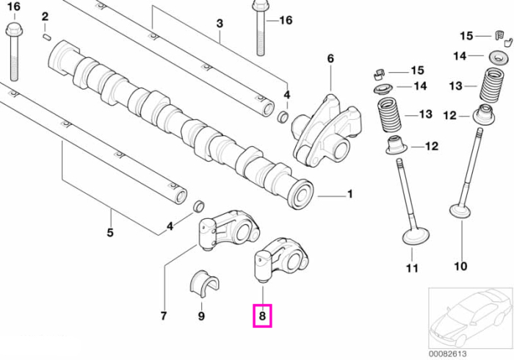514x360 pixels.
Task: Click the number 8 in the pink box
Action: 262,316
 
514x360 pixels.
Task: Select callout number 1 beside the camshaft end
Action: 350,194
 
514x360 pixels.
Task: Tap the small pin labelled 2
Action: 46,37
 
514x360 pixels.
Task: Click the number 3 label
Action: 220,24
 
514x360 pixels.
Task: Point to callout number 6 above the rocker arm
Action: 330,58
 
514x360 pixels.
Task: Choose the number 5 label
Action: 110,232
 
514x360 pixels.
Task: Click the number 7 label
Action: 164,316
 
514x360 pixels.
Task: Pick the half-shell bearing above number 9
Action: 204,284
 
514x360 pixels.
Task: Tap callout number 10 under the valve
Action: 460,266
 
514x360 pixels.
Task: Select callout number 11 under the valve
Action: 412,268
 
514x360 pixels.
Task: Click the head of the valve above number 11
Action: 416,236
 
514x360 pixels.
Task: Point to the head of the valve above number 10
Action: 460,212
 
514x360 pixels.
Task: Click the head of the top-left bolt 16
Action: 14,29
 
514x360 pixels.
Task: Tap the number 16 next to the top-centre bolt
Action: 286,20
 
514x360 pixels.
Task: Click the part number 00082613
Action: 448,354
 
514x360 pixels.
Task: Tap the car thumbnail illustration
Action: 471,318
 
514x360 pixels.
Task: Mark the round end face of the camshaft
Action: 301,194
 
